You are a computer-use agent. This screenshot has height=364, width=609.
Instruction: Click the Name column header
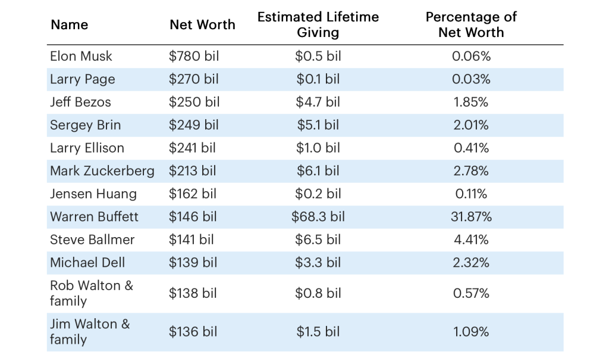coord(69,24)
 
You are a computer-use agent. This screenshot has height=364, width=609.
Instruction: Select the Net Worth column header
coord(202,24)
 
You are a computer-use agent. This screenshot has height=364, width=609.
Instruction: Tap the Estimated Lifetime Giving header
coord(318,24)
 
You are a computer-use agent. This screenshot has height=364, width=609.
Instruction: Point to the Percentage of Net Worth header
coord(471,24)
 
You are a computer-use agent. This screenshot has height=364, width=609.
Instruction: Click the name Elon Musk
coord(81,56)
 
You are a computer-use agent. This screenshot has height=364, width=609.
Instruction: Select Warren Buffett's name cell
coord(94,217)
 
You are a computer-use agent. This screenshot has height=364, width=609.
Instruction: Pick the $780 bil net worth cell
coord(194,56)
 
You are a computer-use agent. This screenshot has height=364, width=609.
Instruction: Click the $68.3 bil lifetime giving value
coord(318,217)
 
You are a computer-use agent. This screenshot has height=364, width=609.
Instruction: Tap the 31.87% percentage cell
coord(471,217)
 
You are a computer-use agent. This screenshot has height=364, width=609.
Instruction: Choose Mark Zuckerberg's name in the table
coord(102,171)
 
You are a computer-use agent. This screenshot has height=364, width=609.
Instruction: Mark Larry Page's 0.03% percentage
coord(471,79)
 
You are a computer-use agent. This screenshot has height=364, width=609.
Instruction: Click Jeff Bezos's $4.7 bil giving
coord(318,102)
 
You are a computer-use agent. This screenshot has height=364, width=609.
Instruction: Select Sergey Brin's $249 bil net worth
coord(194,125)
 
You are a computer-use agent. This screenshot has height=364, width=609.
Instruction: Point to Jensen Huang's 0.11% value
coord(471,194)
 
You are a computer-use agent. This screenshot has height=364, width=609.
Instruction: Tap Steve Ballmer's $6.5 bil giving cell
coord(318,239)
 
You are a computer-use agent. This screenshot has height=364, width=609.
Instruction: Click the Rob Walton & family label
coord(91,293)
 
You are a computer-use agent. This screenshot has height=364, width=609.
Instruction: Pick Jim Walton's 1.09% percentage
coord(471,332)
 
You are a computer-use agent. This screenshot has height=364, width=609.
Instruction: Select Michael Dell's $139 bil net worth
coord(193,263)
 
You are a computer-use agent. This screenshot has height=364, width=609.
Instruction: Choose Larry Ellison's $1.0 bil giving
coord(318,148)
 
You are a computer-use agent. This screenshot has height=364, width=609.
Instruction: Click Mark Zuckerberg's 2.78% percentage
coord(471,171)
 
